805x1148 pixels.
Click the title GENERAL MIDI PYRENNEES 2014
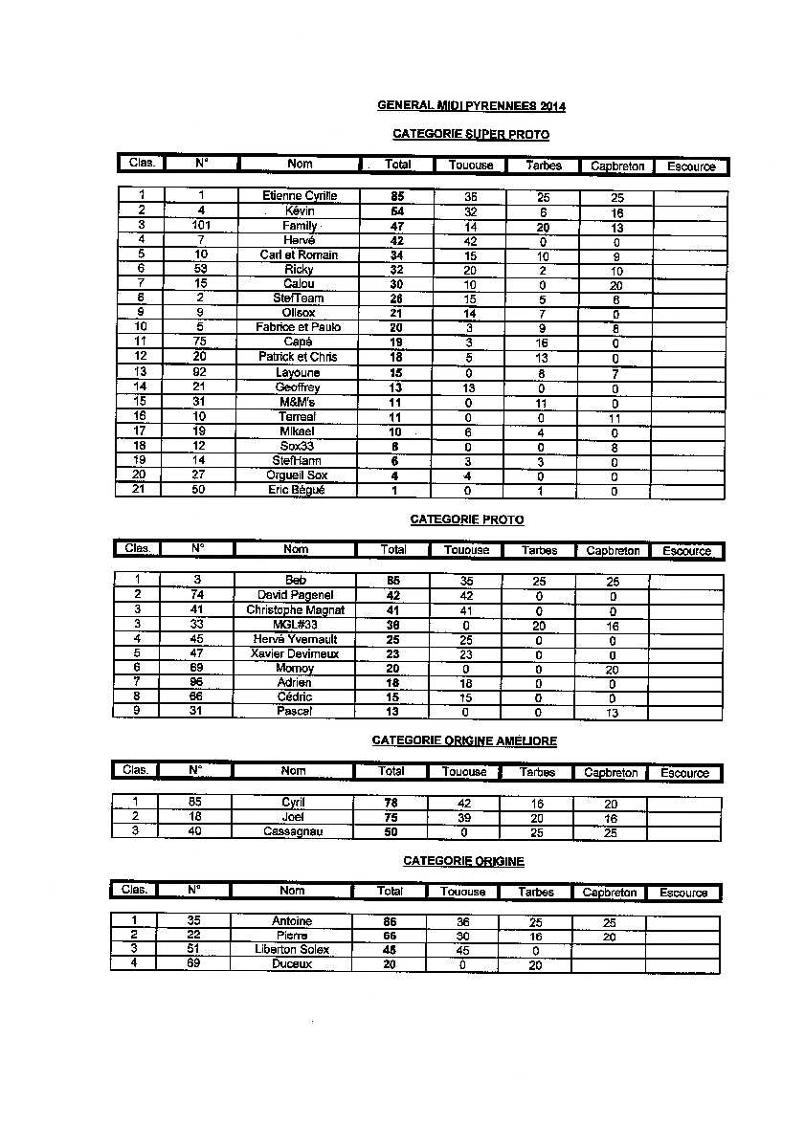pyautogui.click(x=464, y=106)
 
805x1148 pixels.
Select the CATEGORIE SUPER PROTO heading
pyautogui.click(x=471, y=135)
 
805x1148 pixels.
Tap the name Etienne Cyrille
pyautogui.click(x=300, y=196)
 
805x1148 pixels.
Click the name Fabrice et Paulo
pyautogui.click(x=299, y=327)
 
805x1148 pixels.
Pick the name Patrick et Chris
pyautogui.click(x=298, y=357)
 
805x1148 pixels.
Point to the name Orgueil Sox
pyautogui.click(x=298, y=475)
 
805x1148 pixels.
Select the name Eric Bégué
pyautogui.click(x=298, y=490)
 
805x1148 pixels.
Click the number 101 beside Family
pyautogui.click(x=201, y=226)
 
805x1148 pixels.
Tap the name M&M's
pyautogui.click(x=299, y=402)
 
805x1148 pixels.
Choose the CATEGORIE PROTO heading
pyautogui.click(x=466, y=519)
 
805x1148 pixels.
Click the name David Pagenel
pyautogui.click(x=296, y=595)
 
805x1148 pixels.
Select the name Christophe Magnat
pyautogui.click(x=296, y=609)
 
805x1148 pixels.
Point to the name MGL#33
pyautogui.click(x=296, y=625)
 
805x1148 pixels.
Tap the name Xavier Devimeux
pyautogui.click(x=295, y=653)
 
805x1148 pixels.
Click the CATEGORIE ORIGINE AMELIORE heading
pyautogui.click(x=463, y=740)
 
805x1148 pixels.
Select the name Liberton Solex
pyautogui.click(x=292, y=949)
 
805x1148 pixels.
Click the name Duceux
pyautogui.click(x=292, y=964)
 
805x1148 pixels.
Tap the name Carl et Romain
pyautogui.click(x=299, y=254)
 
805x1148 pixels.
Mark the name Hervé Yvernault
pyautogui.click(x=295, y=639)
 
